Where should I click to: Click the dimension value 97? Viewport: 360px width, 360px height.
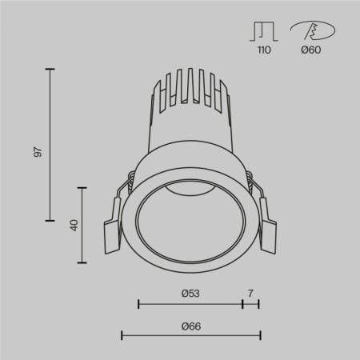click(37, 151)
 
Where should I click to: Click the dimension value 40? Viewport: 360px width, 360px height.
click(74, 225)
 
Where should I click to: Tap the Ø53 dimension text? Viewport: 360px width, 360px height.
click(190, 294)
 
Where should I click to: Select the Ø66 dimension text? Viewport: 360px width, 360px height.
click(190, 326)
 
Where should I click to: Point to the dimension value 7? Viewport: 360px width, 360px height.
click(250, 294)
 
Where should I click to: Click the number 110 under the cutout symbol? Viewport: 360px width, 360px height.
click(264, 50)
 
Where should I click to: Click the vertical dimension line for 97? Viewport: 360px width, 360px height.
click(50, 144)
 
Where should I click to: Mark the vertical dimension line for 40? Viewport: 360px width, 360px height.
click(82, 224)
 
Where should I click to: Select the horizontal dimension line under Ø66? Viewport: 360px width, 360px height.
click(190, 334)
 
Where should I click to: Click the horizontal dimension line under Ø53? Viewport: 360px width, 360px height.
click(190, 304)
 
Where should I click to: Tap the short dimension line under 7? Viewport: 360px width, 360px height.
click(250, 304)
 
